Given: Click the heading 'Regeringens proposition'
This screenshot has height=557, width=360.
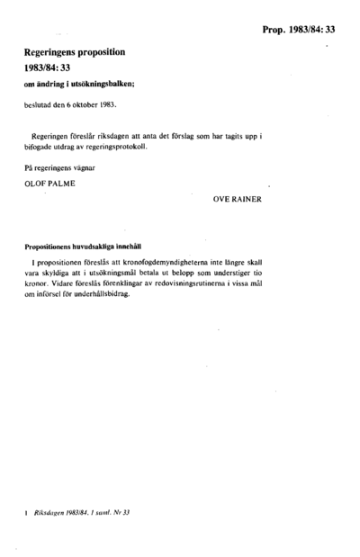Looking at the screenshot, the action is (x=76, y=55).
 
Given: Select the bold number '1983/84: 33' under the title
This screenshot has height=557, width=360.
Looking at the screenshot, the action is (x=53, y=70).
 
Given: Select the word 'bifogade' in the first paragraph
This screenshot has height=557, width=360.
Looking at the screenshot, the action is (x=41, y=146).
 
